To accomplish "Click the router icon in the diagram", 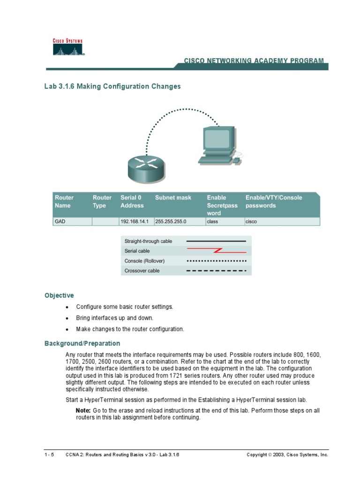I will tap(146, 169).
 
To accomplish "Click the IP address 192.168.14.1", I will tap(135, 222).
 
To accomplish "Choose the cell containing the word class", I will tap(213, 222).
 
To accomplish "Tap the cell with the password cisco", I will tap(252, 222).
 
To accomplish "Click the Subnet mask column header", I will tap(173, 198).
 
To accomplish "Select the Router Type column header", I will tap(102, 202).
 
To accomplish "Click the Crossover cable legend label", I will tap(142, 271).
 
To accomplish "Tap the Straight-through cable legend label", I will tap(148, 241).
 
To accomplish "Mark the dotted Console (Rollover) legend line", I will tap(217, 261).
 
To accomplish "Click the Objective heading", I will tap(59, 295).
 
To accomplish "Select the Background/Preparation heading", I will tap(82, 344).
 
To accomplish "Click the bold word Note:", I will tap(83, 410).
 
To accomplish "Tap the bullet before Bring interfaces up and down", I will tap(67, 318).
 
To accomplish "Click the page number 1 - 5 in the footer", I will tap(49, 455).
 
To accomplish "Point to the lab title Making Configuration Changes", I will tap(128, 87).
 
